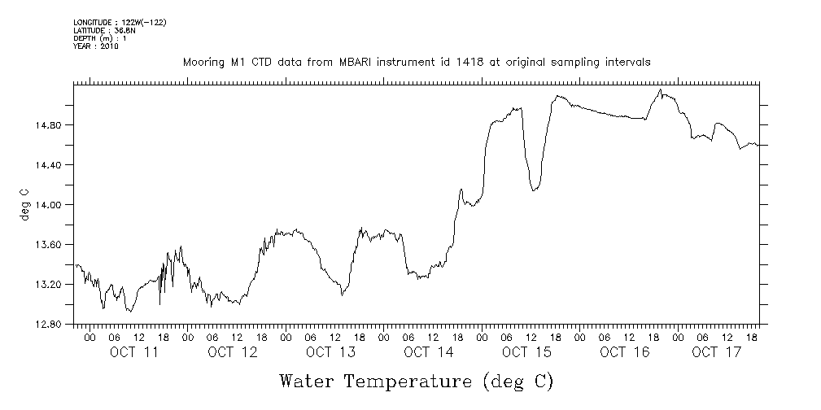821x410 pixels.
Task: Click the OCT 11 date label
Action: (x=134, y=352)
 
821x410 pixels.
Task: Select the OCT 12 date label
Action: (x=232, y=352)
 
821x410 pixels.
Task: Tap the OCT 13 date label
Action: (x=330, y=352)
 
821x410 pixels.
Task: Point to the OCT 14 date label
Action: (x=428, y=352)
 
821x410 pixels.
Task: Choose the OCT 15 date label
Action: (x=526, y=352)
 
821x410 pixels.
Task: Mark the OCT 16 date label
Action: (x=624, y=352)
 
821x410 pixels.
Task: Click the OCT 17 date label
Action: (x=716, y=352)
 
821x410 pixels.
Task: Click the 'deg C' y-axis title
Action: (x=24, y=204)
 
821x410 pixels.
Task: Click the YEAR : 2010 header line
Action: (x=96, y=46)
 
